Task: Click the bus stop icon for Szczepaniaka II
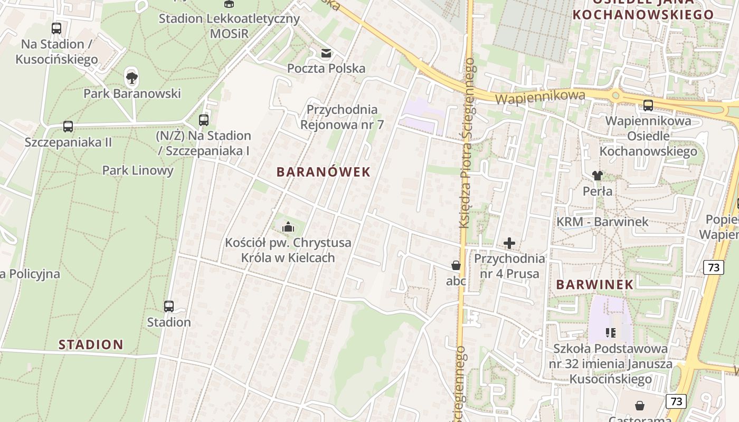pyautogui.click(x=68, y=127)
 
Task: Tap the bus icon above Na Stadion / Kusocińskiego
pyautogui.click(x=56, y=28)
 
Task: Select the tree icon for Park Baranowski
pyautogui.click(x=132, y=78)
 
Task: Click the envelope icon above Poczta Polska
pyautogui.click(x=326, y=53)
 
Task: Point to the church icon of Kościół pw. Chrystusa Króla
pyautogui.click(x=288, y=227)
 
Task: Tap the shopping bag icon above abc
pyautogui.click(x=456, y=265)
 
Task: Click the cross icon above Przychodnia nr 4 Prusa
pyautogui.click(x=509, y=243)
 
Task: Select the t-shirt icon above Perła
pyautogui.click(x=598, y=176)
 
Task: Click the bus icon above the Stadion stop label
pyautogui.click(x=169, y=306)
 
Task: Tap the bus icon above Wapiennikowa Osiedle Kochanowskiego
pyautogui.click(x=648, y=105)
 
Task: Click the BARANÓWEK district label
pyautogui.click(x=324, y=172)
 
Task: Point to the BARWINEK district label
pyautogui.click(x=595, y=284)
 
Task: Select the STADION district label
pyautogui.click(x=91, y=345)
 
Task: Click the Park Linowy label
pyautogui.click(x=138, y=170)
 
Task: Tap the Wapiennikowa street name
pyautogui.click(x=541, y=97)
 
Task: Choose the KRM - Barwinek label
pyautogui.click(x=602, y=222)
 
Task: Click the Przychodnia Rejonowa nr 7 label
pyautogui.click(x=342, y=117)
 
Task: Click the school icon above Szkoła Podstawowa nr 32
pyautogui.click(x=611, y=332)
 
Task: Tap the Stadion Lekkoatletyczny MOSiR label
pyautogui.click(x=229, y=26)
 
